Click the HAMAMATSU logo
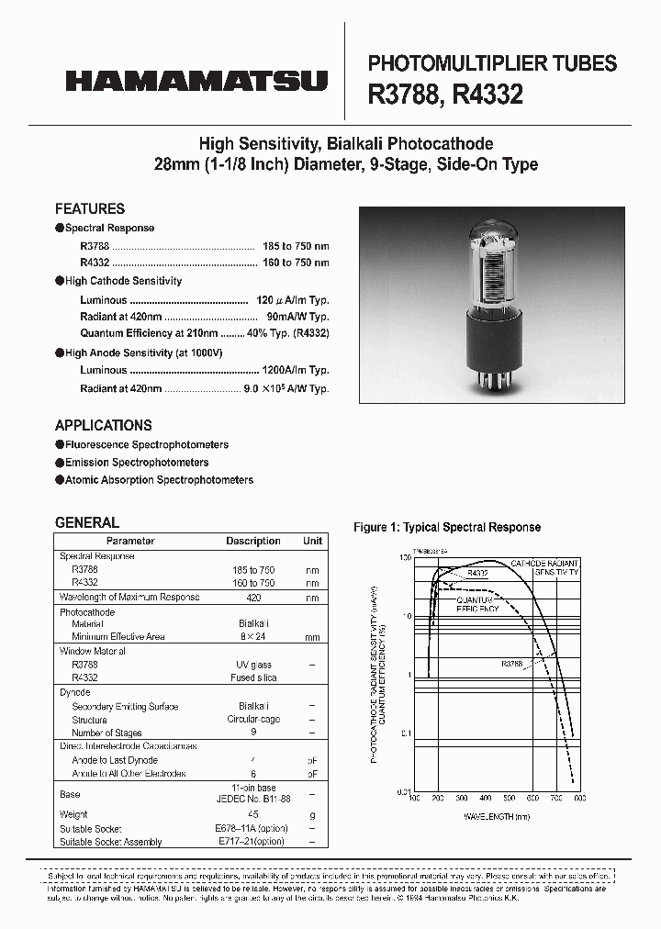coord(196,82)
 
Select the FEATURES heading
coord(89,208)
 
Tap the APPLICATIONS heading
coord(103,425)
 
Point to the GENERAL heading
coord(86,522)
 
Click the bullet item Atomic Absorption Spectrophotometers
coord(158,480)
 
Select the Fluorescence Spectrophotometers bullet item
coord(146,444)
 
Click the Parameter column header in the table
coord(130,542)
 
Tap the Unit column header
coord(312,542)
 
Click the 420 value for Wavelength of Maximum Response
coord(253,598)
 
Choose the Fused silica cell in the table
coord(253,677)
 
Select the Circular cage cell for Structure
coord(253,720)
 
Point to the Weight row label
coord(73,814)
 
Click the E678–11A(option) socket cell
coord(253,828)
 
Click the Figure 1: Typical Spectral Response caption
coord(447,527)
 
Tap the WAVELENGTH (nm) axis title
coord(497,816)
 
